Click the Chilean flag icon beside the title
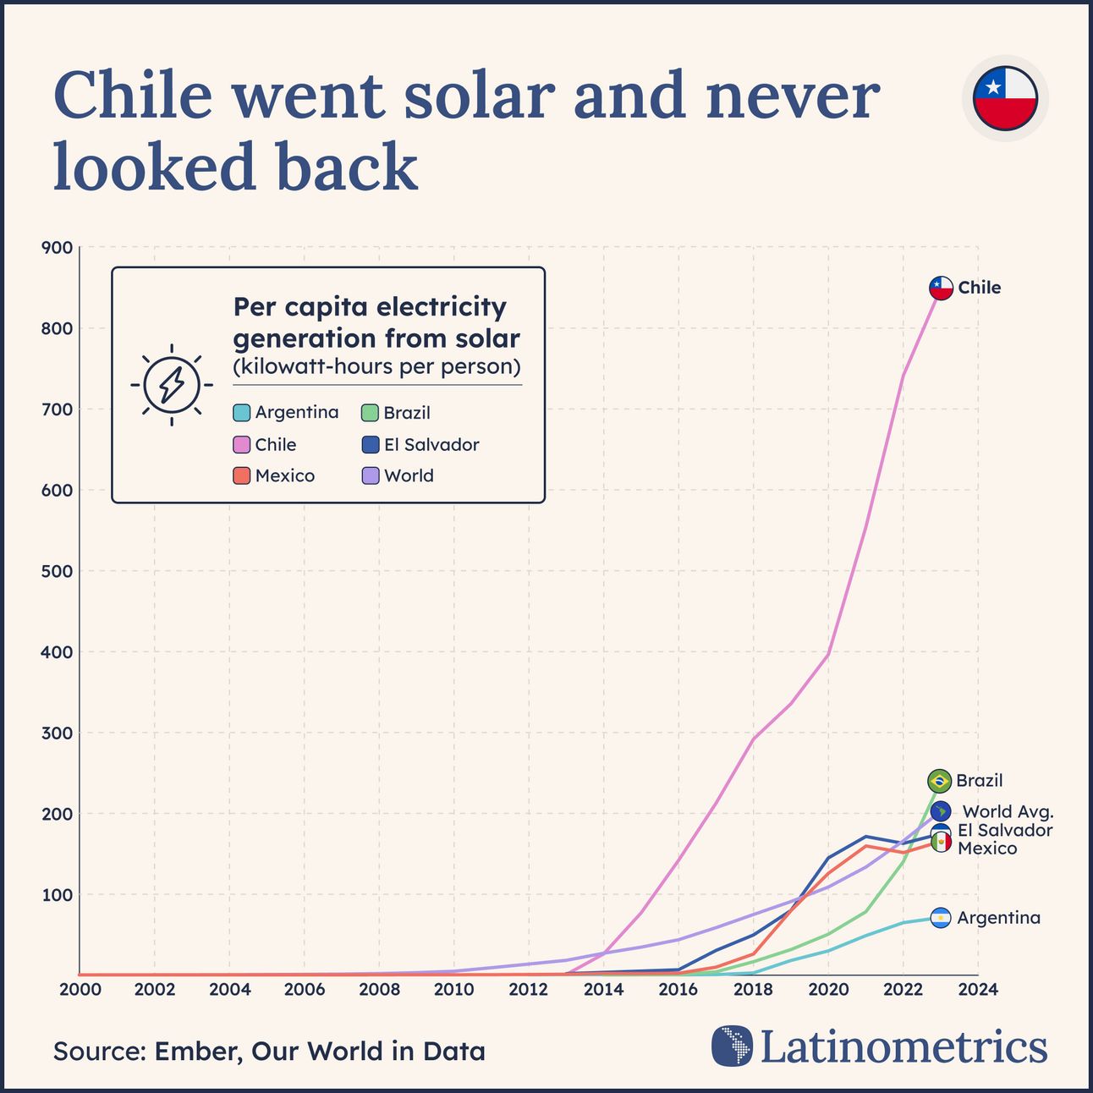(x=1005, y=98)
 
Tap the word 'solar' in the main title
(x=479, y=95)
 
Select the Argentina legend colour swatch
(x=241, y=413)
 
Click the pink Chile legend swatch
(x=241, y=445)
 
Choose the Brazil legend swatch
(x=370, y=413)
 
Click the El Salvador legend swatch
(x=370, y=445)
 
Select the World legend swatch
(x=370, y=476)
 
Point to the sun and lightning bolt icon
(x=172, y=385)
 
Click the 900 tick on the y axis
(x=57, y=248)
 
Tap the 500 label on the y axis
(x=57, y=571)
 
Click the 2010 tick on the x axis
(x=453, y=990)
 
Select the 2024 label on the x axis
(x=979, y=990)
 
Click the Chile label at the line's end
(x=979, y=288)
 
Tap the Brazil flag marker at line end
(x=939, y=781)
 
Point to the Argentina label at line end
(x=998, y=918)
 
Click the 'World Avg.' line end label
(x=1008, y=812)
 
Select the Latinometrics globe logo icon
(x=732, y=1046)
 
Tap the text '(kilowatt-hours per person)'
(x=376, y=367)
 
